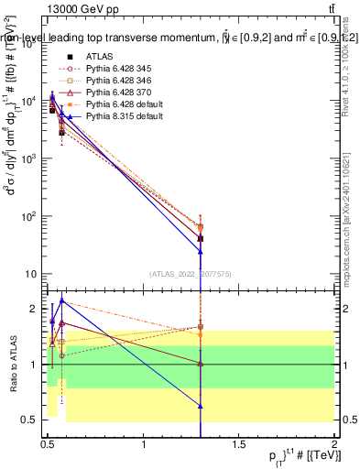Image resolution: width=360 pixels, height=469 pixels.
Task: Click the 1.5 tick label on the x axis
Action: tap(239, 444)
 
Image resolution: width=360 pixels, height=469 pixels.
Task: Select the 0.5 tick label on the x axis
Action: tap(48, 444)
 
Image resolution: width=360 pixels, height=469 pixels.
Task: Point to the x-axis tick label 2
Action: tap(334, 444)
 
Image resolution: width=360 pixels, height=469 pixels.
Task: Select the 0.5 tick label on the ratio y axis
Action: tap(27, 420)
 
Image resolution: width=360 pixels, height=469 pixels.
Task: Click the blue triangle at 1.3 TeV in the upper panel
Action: tap(200, 250)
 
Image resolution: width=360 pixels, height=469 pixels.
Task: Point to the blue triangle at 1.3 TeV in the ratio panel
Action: tap(200, 405)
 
